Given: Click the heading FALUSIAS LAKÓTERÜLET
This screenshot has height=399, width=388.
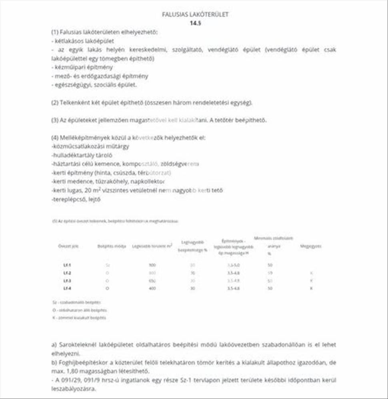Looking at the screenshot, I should pos(195,15).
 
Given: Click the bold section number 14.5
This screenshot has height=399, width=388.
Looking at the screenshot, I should pos(195,23).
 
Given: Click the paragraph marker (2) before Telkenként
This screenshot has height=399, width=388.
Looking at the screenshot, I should pos(55,103).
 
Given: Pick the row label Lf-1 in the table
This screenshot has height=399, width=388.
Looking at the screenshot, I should pos(67,265).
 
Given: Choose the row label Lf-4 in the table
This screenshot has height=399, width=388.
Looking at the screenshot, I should pos(67,288).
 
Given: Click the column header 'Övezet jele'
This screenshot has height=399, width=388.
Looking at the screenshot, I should pos(68,246).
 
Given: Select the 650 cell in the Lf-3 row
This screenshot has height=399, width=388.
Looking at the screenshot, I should pos(152,280).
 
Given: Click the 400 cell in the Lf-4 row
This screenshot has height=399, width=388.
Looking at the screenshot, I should pos(152,288).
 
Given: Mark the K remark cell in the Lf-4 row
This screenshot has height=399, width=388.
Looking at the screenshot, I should pos(311,288).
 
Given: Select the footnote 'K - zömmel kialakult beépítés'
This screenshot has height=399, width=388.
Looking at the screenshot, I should pos(79,318).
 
